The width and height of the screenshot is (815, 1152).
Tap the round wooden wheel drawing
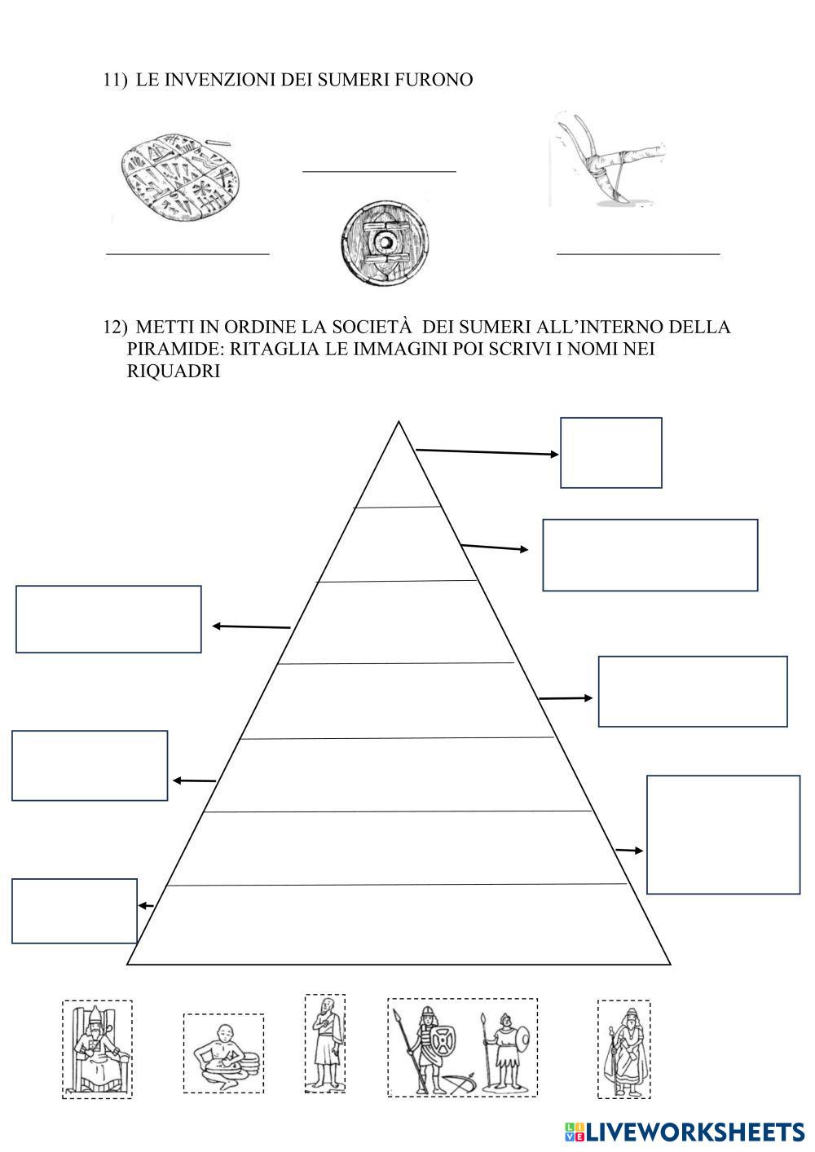[383, 242]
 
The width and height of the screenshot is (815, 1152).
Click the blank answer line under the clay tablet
[187, 253]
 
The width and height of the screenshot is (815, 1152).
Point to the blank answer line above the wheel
[379, 171]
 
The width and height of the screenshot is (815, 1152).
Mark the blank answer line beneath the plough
[638, 254]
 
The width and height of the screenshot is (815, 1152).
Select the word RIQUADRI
[174, 371]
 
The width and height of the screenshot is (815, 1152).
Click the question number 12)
[115, 328]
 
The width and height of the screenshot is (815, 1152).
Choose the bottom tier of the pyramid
[398, 925]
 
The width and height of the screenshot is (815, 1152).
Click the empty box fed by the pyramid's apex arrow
[610, 453]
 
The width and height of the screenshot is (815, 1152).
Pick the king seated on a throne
[97, 1049]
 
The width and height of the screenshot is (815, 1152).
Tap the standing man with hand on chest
[325, 1044]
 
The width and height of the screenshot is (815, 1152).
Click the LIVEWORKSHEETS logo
[685, 1131]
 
